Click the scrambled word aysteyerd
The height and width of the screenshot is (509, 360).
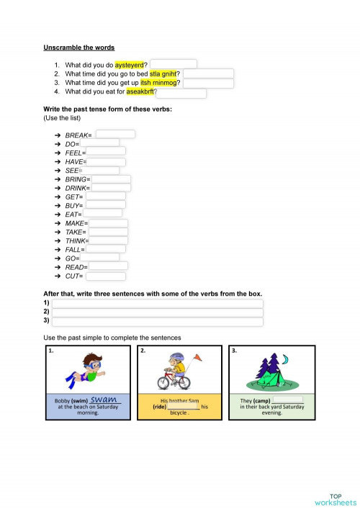click(130, 64)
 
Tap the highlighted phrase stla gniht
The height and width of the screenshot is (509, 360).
click(164, 73)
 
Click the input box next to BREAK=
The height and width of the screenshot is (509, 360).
click(115, 135)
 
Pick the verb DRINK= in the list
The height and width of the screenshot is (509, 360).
click(77, 188)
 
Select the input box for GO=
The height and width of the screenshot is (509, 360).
click(100, 258)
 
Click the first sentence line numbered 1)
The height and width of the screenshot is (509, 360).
click(157, 304)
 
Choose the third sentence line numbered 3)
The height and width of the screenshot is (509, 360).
click(157, 321)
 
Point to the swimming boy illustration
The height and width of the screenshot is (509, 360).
click(86, 370)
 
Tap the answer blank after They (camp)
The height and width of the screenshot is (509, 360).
click(289, 400)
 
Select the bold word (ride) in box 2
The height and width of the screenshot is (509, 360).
click(160, 407)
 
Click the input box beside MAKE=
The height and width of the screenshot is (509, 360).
click(108, 223)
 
